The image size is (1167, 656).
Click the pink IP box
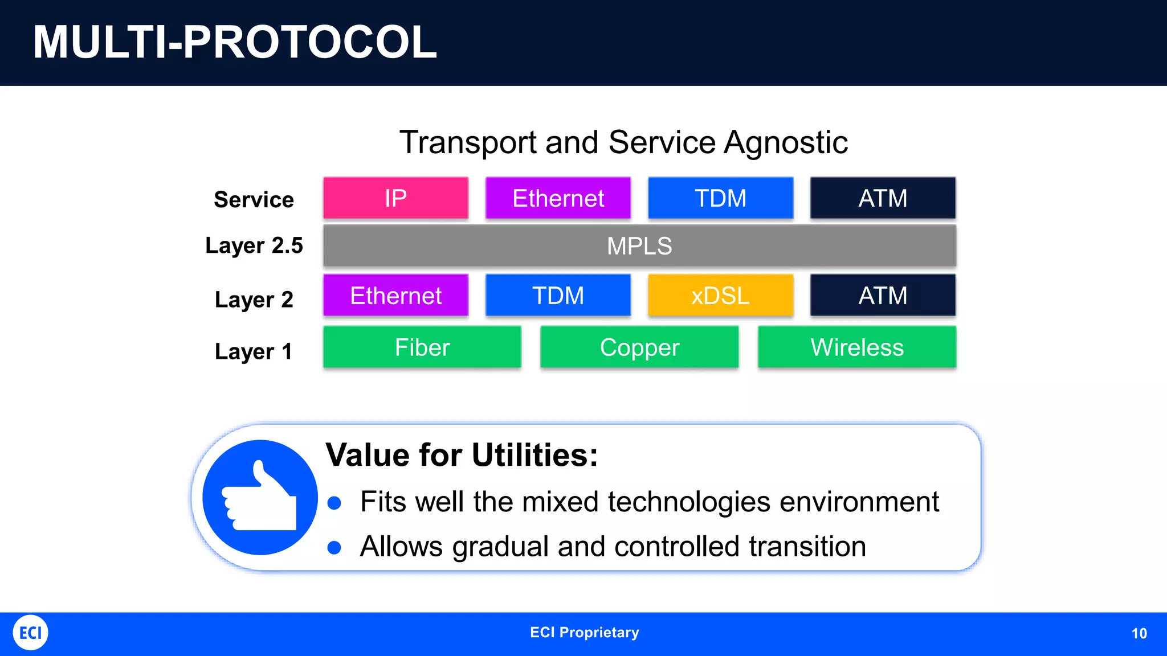click(395, 198)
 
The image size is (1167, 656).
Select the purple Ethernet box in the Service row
click(558, 198)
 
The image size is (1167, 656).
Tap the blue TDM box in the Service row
click(720, 198)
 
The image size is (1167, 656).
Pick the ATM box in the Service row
click(883, 198)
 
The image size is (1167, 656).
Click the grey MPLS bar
click(639, 246)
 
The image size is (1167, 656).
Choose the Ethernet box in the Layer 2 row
click(395, 296)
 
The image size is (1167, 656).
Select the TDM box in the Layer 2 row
click(558, 296)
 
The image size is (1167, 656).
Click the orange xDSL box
click(720, 296)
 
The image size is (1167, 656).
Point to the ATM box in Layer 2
click(883, 296)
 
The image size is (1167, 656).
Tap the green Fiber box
click(422, 347)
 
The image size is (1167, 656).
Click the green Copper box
click(639, 347)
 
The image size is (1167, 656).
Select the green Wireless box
click(856, 347)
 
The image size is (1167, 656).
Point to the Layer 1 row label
click(254, 351)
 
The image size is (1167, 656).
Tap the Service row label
click(254, 200)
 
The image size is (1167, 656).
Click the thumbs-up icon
click(260, 497)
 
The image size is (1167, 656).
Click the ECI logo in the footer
click(30, 633)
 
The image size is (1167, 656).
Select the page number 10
click(1139, 633)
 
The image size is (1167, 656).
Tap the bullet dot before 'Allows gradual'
click(334, 548)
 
